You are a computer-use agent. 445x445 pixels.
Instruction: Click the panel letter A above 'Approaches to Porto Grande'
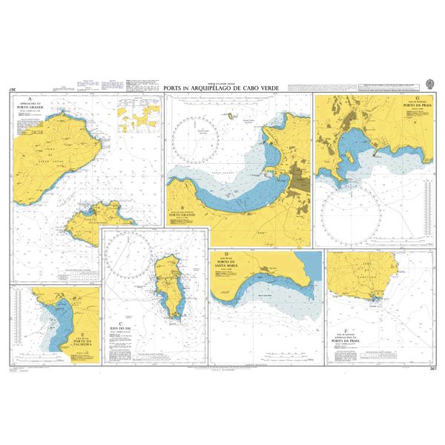click(x=29, y=99)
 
